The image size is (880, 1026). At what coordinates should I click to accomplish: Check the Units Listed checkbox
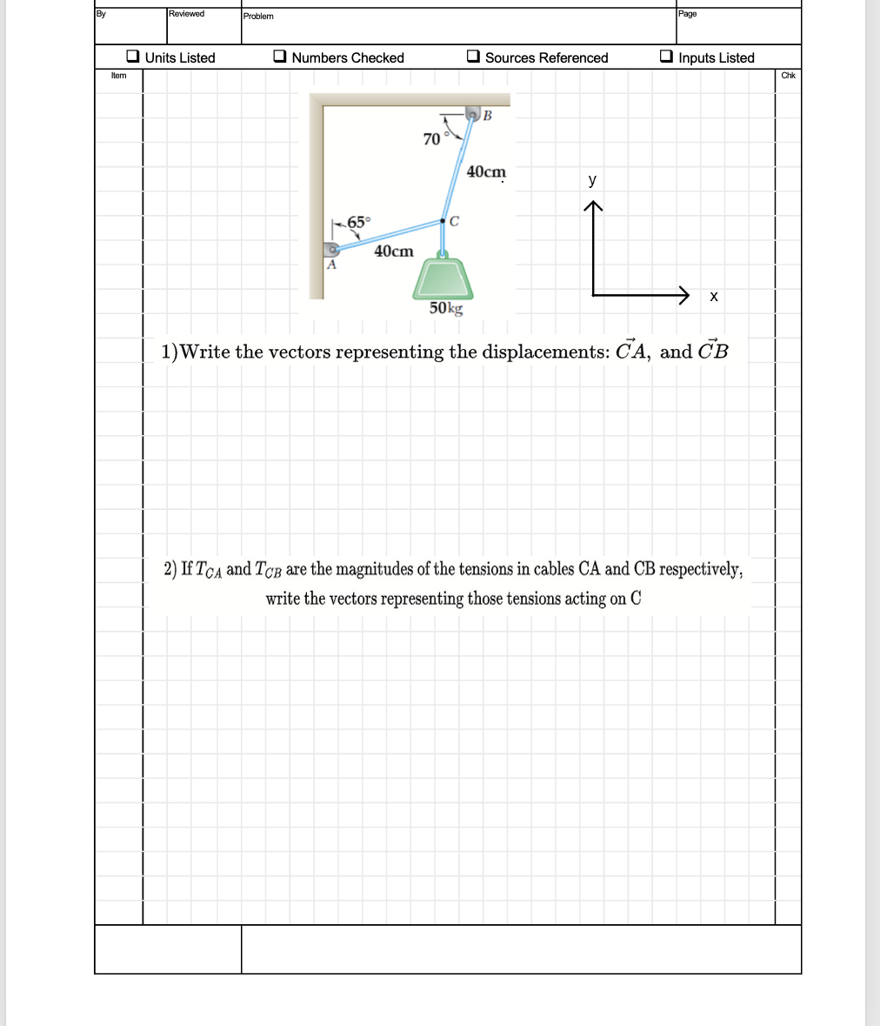click(133, 57)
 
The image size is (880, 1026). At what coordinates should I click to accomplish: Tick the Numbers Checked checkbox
click(280, 57)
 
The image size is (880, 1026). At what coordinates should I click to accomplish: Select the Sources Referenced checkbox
click(473, 57)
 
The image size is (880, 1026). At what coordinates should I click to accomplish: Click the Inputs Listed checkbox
click(666, 57)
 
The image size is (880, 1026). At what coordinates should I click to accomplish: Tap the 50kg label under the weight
click(446, 308)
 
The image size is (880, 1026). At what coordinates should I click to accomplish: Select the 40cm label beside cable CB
click(486, 171)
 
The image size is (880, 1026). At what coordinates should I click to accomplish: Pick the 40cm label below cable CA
click(393, 251)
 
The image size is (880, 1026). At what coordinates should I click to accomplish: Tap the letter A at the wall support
click(330, 266)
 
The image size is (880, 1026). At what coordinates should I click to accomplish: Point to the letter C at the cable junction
click(455, 221)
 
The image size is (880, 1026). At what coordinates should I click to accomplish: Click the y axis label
click(592, 180)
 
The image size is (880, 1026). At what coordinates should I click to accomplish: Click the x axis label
click(713, 297)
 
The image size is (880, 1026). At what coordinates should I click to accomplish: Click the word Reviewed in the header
click(186, 14)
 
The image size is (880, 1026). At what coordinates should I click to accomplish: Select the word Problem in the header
click(258, 17)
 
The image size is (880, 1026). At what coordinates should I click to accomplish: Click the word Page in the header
click(687, 14)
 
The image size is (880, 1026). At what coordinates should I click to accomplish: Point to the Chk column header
click(788, 76)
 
